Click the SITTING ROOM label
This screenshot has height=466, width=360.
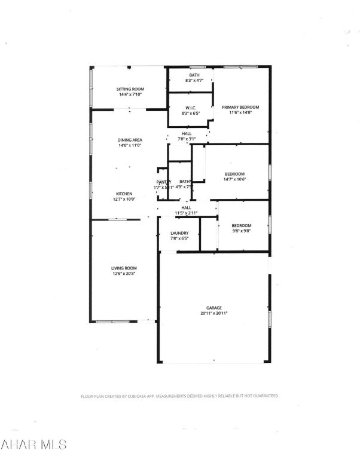130,89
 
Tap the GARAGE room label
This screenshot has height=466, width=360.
213,308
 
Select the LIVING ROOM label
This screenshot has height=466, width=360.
124,268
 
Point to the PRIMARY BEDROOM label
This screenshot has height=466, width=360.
240,107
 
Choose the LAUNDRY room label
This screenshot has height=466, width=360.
179,233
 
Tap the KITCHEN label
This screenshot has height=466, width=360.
124,194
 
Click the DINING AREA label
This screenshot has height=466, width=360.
129,140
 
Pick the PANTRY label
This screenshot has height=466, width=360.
164,182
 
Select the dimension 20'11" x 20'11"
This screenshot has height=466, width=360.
213,313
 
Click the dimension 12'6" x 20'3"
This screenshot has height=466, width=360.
124,274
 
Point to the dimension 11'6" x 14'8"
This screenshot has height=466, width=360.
240,112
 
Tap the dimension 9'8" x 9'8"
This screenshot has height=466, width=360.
240,231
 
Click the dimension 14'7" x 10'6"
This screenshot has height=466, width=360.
234,179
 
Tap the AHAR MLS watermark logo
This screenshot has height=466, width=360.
33,445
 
